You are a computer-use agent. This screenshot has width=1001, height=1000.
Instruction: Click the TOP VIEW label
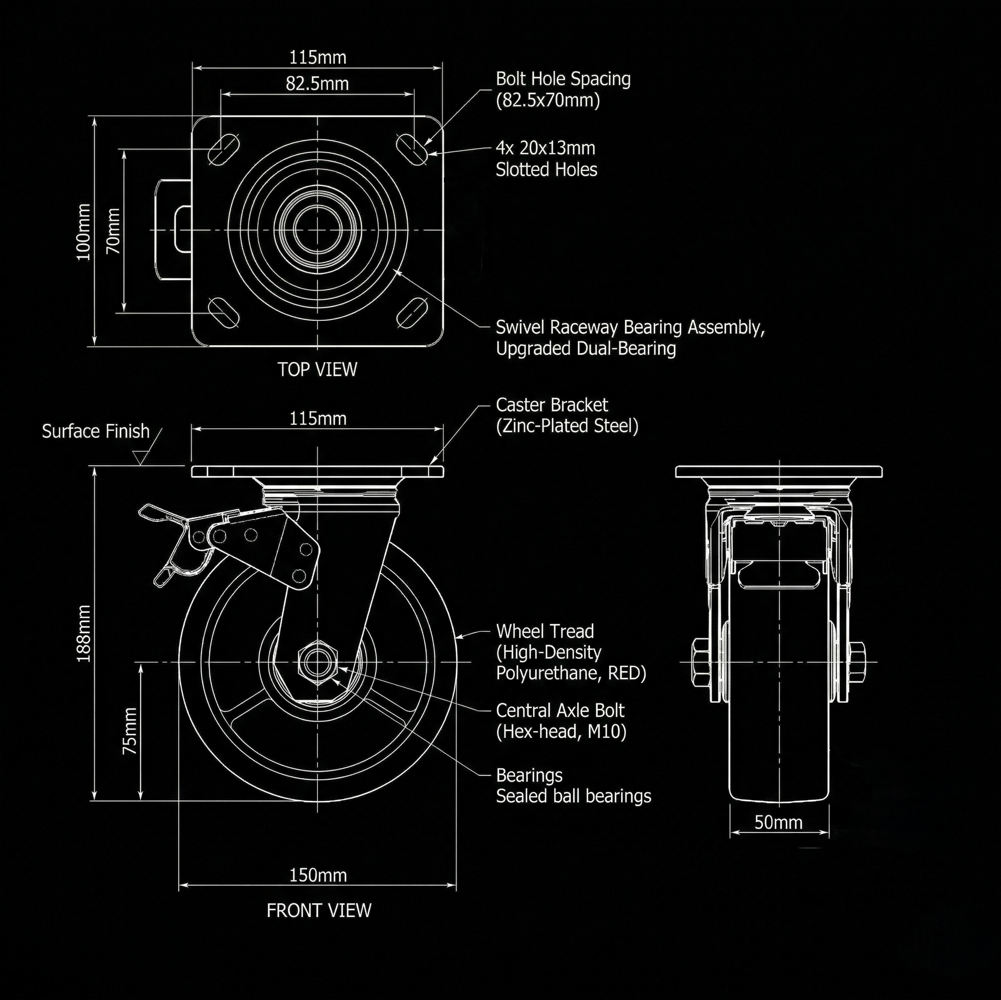click(x=317, y=370)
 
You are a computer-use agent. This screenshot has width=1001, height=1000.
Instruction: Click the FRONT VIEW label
click(x=319, y=910)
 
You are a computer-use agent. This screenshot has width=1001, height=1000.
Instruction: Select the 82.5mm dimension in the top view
click(x=317, y=83)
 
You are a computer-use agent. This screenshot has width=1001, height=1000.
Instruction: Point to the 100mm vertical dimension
click(x=83, y=231)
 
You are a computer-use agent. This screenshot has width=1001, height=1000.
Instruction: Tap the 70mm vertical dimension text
click(x=113, y=230)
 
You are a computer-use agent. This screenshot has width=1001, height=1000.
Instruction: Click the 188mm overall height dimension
click(x=83, y=633)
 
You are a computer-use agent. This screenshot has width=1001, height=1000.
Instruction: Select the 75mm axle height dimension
click(x=130, y=730)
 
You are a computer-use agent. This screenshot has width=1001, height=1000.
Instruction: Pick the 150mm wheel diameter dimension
click(x=317, y=875)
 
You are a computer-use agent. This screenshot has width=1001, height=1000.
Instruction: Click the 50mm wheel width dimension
click(x=778, y=822)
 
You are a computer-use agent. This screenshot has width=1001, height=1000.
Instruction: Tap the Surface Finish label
click(x=96, y=431)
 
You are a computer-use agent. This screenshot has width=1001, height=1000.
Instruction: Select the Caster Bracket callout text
click(x=567, y=415)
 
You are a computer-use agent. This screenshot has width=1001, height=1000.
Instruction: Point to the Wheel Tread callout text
click(x=571, y=652)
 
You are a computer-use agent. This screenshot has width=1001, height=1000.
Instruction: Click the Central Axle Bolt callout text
click(x=561, y=721)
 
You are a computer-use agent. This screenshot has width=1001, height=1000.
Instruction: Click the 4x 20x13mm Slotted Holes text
click(x=546, y=159)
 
